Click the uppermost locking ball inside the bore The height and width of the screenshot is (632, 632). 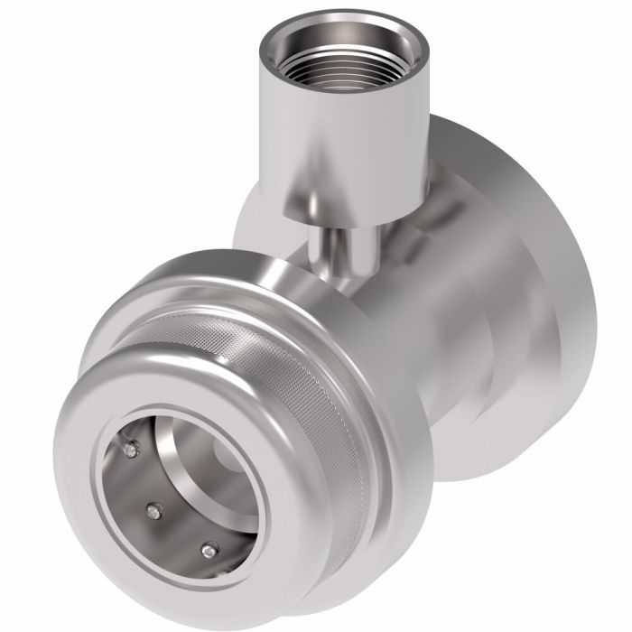[x=133, y=449]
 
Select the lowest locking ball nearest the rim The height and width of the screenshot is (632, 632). [x=210, y=548]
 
